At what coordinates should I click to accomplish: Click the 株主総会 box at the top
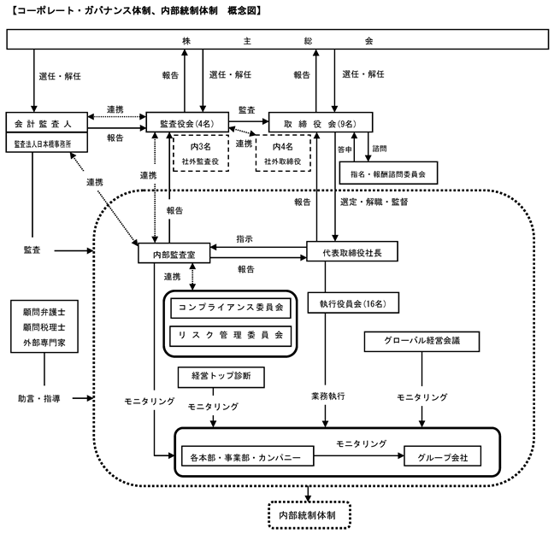[x=277, y=39]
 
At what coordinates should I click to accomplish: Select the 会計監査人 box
[x=47, y=122]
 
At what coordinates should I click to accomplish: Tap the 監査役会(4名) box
[x=187, y=122]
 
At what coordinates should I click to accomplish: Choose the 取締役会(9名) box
[x=321, y=122]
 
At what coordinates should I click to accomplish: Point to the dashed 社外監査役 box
[x=201, y=153]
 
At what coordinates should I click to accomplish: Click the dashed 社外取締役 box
[x=283, y=153]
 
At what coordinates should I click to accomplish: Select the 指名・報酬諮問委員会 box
[x=388, y=173]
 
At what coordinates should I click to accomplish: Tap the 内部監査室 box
[x=174, y=253]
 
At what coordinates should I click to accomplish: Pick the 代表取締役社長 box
[x=352, y=251]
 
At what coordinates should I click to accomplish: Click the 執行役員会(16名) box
[x=353, y=303]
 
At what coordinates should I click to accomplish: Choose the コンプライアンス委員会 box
[x=231, y=308]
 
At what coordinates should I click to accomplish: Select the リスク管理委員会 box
[x=231, y=336]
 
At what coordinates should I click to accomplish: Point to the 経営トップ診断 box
[x=221, y=377]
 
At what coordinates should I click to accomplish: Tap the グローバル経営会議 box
[x=421, y=342]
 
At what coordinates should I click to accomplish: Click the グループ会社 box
[x=442, y=456]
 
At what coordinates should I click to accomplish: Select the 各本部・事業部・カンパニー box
[x=247, y=456]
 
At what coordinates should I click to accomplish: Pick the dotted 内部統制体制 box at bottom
[x=309, y=515]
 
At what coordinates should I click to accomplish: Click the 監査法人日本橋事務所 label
[x=43, y=144]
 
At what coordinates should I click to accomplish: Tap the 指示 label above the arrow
[x=245, y=239]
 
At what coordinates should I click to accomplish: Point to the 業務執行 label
[x=328, y=396]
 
